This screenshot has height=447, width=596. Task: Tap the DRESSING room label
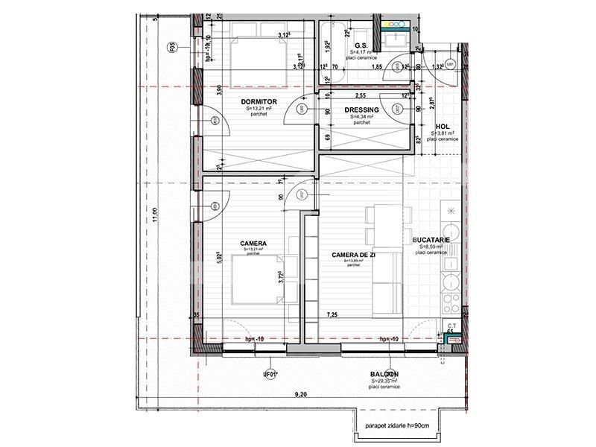tap(362, 110)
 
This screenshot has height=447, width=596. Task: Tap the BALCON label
tap(384, 374)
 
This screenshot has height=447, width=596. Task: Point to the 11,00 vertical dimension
tap(154, 214)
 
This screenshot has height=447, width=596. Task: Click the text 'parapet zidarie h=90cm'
tap(398, 426)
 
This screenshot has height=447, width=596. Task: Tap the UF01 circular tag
tap(270, 374)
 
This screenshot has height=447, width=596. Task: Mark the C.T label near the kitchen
tap(451, 326)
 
